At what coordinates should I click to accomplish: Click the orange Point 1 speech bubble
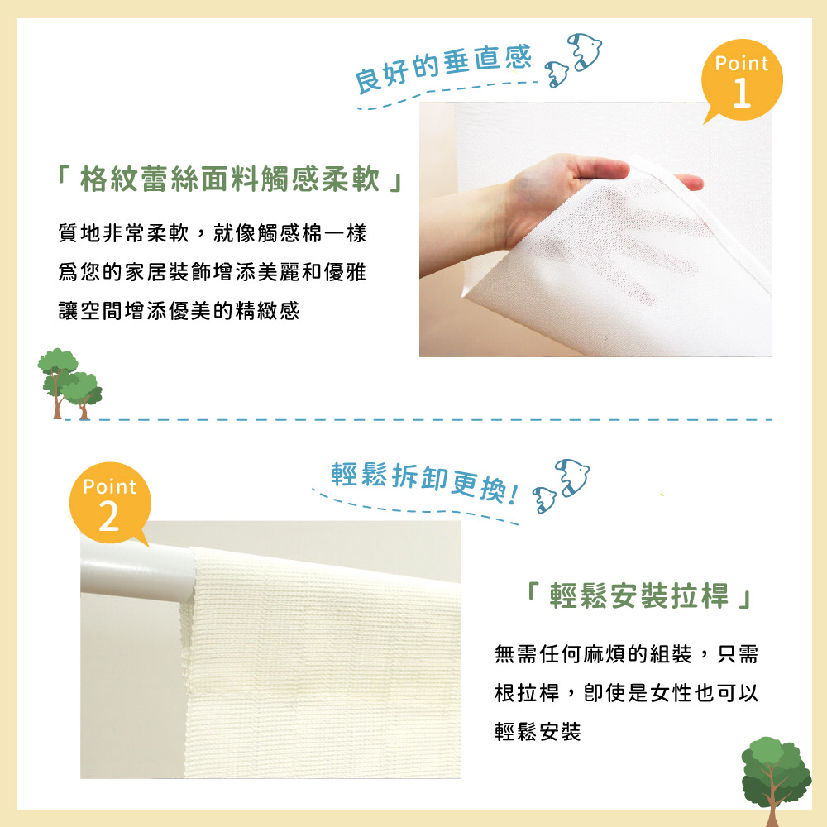click(742, 80)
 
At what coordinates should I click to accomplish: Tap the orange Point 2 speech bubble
click(110, 503)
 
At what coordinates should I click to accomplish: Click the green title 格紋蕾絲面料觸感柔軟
click(230, 179)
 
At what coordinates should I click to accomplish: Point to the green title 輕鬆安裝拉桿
click(638, 595)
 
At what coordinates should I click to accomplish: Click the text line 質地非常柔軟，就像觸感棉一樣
click(212, 232)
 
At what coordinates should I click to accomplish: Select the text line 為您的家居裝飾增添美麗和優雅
click(212, 271)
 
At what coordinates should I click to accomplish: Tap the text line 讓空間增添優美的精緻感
click(179, 311)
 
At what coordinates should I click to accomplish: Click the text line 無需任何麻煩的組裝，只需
click(626, 654)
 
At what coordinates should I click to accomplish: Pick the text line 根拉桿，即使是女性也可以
click(626, 692)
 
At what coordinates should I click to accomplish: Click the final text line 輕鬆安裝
click(538, 732)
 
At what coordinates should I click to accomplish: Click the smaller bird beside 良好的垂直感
click(557, 74)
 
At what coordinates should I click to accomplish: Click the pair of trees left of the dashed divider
click(69, 384)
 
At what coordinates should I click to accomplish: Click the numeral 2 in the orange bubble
click(108, 516)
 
